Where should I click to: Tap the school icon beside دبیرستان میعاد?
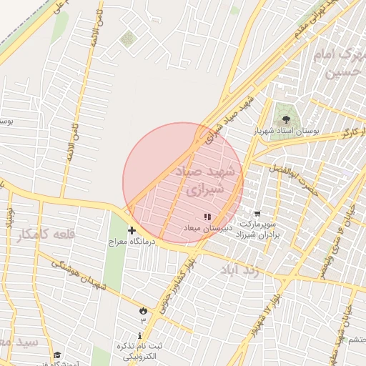tap(207, 217)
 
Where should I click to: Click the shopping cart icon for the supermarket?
tap(257, 213)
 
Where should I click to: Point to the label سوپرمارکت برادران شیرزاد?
tap(257, 229)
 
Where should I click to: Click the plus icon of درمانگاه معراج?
tap(132, 230)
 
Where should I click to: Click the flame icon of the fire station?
tap(142, 310)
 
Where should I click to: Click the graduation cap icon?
tap(57, 355)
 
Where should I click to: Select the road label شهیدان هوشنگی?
tap(79, 274)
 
